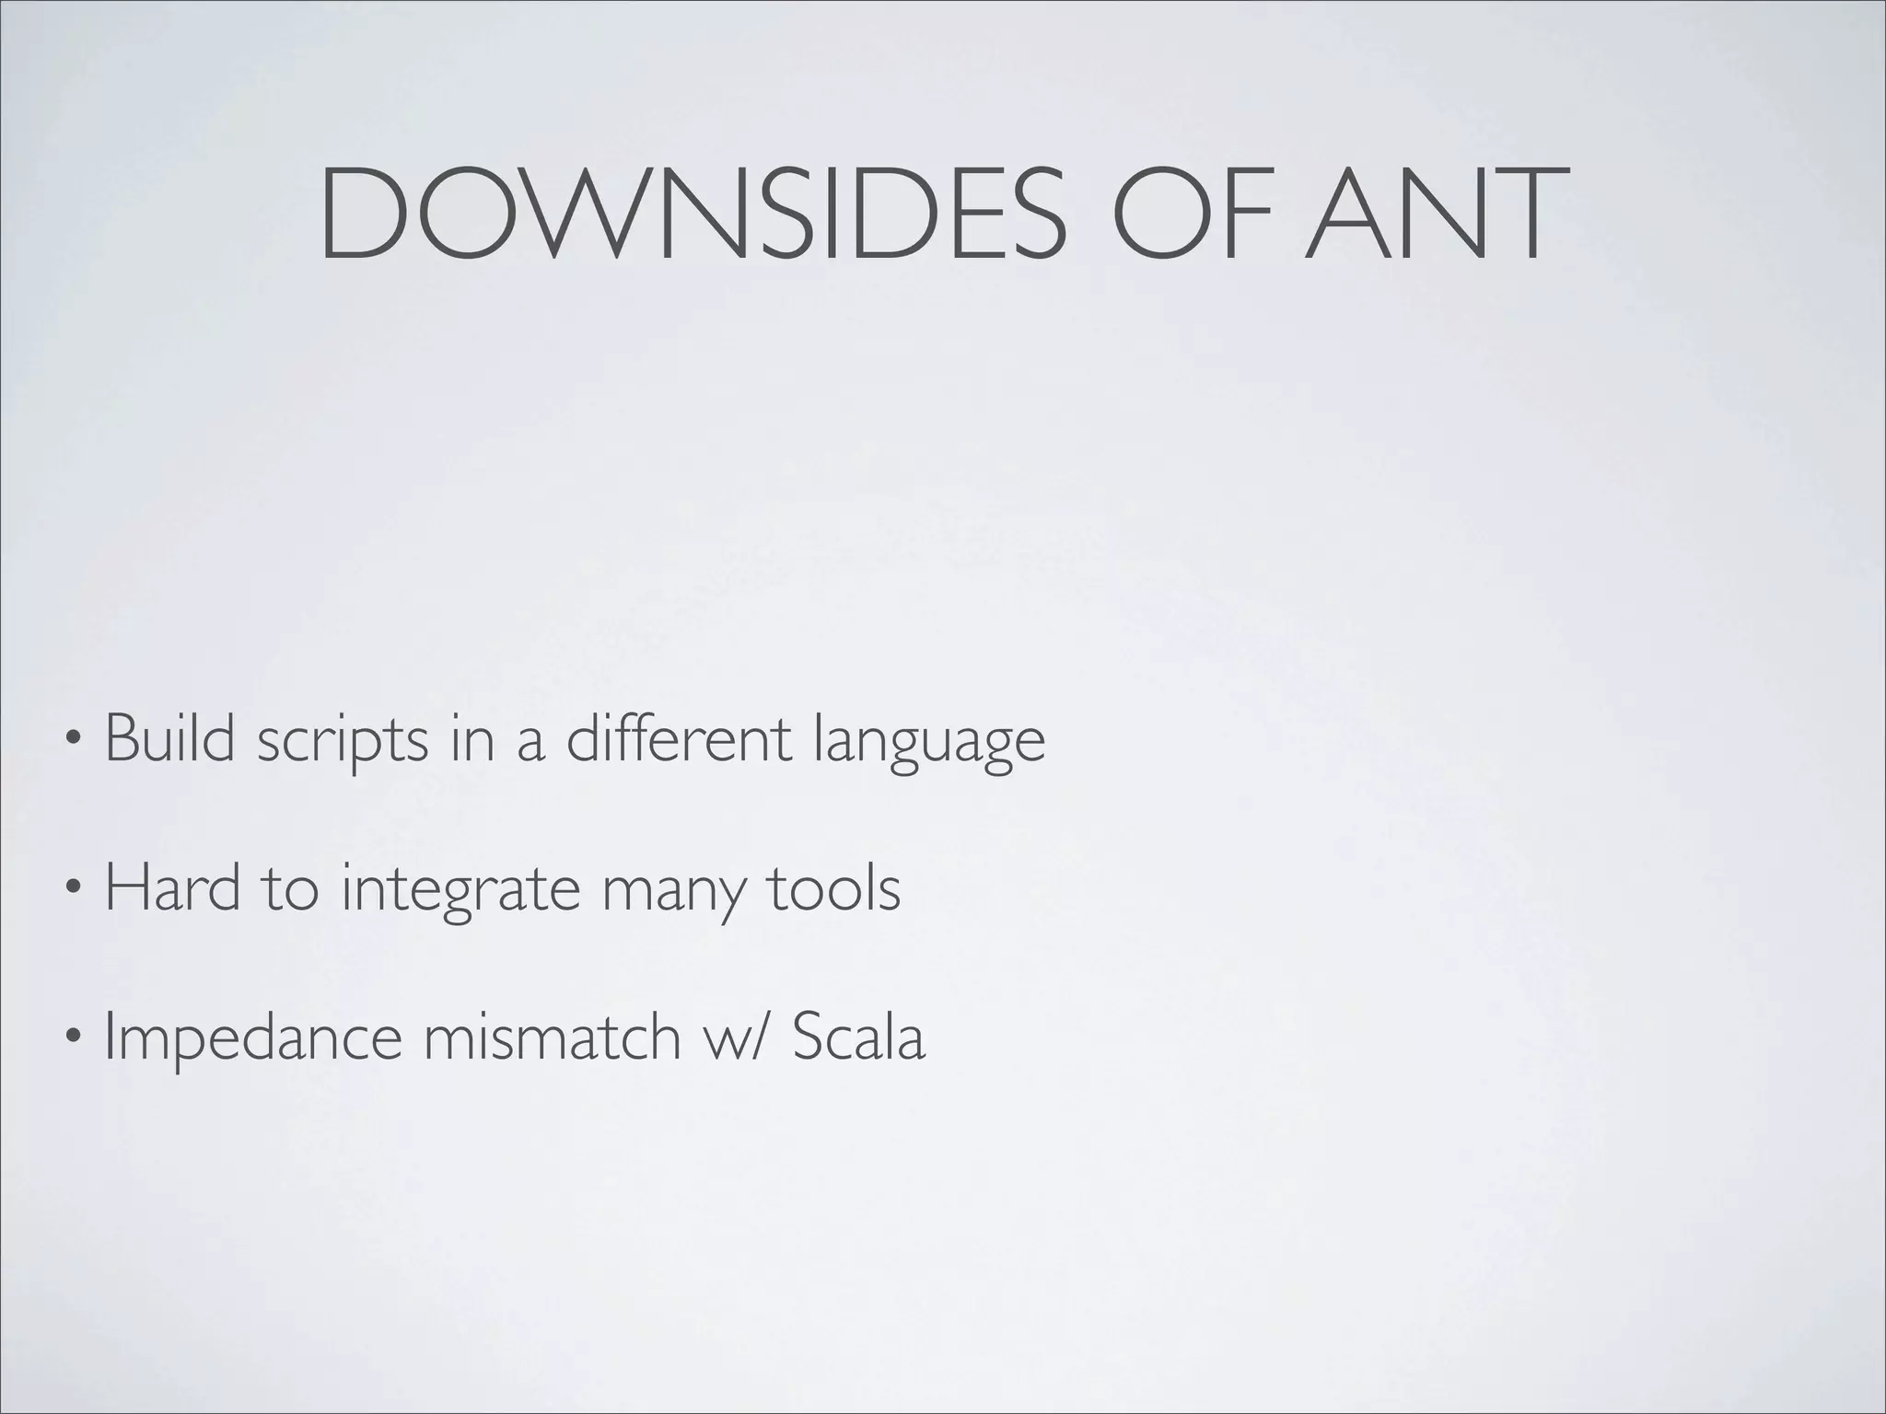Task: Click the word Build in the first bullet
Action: (170, 737)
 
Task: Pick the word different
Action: (679, 737)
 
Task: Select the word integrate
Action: (460, 890)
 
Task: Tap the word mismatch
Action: (551, 1036)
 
